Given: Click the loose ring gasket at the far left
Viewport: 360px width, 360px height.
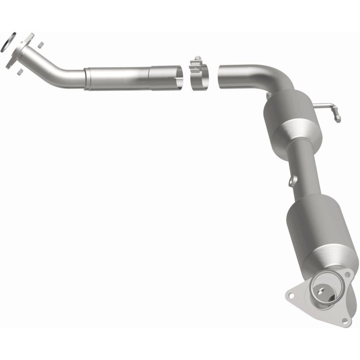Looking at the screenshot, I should [x=9, y=41].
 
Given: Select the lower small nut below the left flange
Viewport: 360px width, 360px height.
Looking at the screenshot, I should [x=19, y=71].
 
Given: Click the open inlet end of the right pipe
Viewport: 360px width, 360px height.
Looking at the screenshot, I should [x=221, y=76].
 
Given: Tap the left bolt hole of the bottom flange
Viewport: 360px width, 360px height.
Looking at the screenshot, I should [x=291, y=296].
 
